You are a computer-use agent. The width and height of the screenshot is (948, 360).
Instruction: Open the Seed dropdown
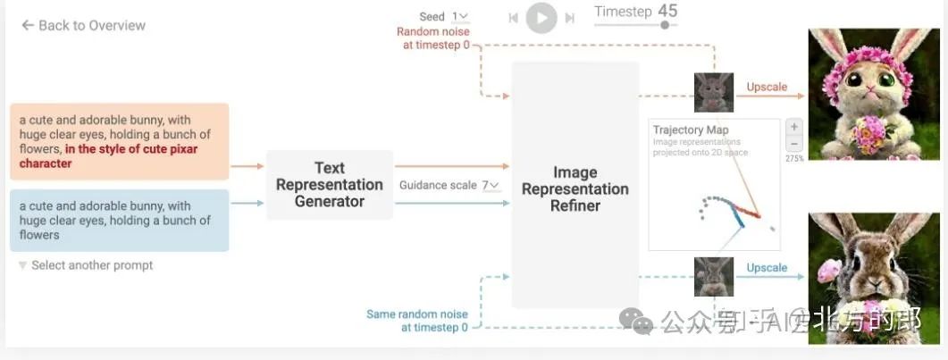click(x=460, y=17)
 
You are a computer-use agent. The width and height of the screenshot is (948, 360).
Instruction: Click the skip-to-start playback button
click(x=513, y=18)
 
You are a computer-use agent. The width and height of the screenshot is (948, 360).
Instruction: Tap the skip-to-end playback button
click(x=569, y=18)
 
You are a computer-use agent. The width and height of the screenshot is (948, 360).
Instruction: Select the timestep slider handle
click(x=665, y=25)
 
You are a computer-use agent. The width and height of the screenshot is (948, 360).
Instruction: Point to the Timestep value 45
click(x=667, y=11)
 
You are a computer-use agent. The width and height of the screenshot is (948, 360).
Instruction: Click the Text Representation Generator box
click(x=329, y=185)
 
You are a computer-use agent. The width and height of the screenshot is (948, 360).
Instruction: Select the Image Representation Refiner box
click(x=575, y=188)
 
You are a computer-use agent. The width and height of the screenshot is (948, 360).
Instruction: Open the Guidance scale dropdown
click(x=491, y=186)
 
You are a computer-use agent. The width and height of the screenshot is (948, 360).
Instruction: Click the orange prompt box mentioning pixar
click(x=119, y=142)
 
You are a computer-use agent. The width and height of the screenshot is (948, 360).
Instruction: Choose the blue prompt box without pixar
click(x=119, y=220)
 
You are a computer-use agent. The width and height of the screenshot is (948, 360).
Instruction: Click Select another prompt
click(x=91, y=265)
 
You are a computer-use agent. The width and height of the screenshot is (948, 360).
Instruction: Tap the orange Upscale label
click(x=767, y=87)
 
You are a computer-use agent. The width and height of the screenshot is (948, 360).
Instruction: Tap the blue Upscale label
click(x=767, y=268)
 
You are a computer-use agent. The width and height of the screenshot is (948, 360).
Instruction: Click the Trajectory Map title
click(x=691, y=130)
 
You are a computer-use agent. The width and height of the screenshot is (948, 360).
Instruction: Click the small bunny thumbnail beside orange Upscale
click(x=714, y=92)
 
